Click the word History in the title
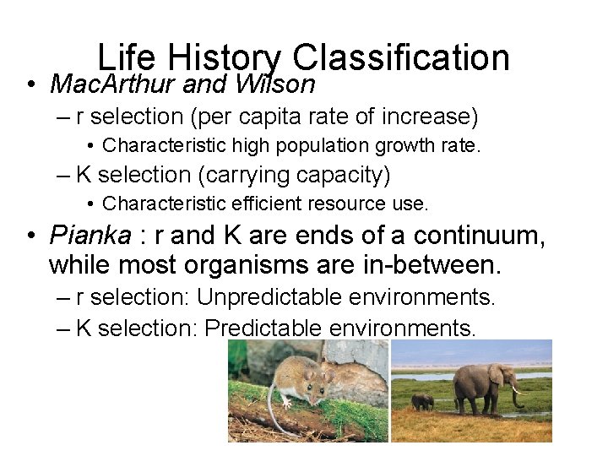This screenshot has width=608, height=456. pos(224,57)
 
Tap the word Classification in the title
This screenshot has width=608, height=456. pos(400,57)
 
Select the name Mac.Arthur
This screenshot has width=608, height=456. pos(112,84)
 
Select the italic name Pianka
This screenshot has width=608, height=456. pos(90,234)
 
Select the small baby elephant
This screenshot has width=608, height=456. pos(422,402)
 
